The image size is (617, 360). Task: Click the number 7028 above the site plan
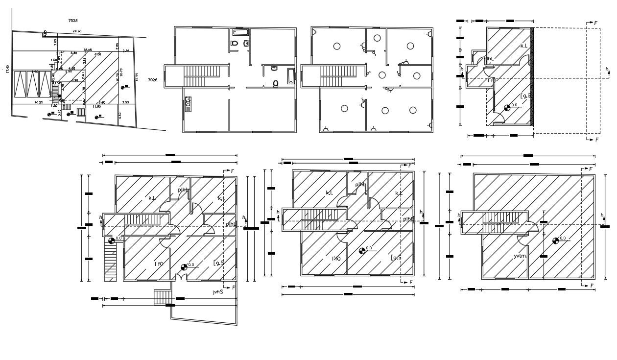73,21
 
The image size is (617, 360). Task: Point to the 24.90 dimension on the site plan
77,31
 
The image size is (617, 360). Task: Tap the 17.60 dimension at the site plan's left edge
7,69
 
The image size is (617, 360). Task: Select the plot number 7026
152,79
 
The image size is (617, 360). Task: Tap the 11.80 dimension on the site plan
96,106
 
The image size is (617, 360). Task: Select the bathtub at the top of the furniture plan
240,32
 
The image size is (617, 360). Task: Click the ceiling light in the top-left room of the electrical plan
337,46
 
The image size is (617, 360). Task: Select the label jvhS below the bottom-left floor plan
218,292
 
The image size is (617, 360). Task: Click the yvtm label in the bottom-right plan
520,256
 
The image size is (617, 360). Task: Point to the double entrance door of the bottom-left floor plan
181,277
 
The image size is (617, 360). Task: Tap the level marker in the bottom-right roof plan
556,240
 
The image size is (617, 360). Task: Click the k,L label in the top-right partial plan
523,46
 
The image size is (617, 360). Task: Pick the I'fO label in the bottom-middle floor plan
336,259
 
